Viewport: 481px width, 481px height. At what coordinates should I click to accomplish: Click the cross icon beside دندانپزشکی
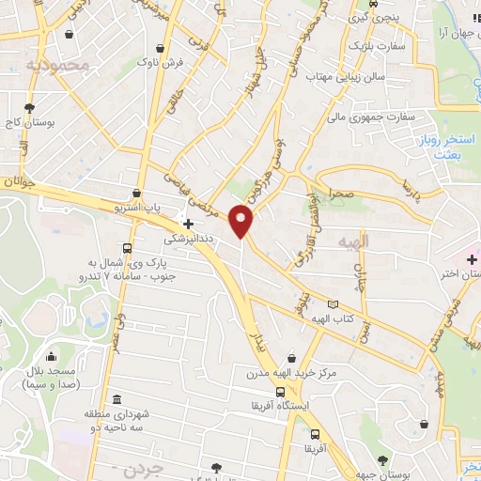point(189,225)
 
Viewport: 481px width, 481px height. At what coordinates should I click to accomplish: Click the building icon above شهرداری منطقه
point(116,399)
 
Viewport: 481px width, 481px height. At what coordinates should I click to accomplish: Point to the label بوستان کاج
point(29,123)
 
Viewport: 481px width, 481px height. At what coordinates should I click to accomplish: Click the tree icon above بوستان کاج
point(30,108)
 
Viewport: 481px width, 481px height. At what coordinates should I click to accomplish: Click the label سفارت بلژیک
point(377,45)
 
